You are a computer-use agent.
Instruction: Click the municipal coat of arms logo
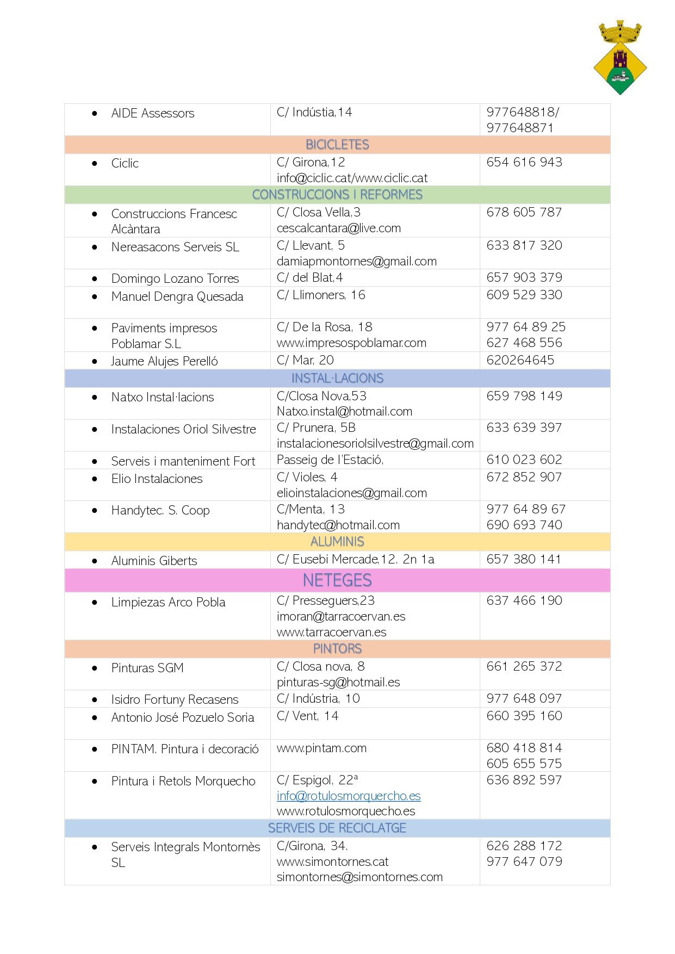[x=620, y=58]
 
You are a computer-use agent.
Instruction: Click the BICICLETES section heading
[x=337, y=145]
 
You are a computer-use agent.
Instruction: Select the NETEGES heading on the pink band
[x=337, y=580]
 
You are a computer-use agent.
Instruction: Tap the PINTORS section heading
[x=337, y=649]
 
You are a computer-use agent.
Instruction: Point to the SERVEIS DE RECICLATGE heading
[x=337, y=828]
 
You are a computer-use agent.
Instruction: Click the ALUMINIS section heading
[x=337, y=542]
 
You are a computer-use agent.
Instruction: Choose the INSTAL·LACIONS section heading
[x=337, y=379]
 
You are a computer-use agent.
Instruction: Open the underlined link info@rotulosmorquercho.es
[x=349, y=796]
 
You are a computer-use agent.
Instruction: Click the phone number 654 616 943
[x=524, y=162]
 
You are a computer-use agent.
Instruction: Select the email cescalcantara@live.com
[x=339, y=228]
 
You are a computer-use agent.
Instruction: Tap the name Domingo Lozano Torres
[x=175, y=278]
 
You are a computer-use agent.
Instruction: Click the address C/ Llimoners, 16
[x=321, y=295]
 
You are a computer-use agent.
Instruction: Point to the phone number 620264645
[x=521, y=360]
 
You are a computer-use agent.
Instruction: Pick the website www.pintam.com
[x=321, y=748]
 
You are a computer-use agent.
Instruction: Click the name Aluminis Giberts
[x=154, y=561]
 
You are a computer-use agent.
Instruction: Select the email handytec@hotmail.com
[x=338, y=525]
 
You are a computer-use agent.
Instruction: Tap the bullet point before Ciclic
[x=95, y=163]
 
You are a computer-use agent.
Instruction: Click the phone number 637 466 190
[x=524, y=600]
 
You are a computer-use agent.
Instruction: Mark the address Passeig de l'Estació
[x=330, y=460]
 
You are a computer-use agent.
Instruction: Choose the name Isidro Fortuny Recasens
[x=175, y=699]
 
